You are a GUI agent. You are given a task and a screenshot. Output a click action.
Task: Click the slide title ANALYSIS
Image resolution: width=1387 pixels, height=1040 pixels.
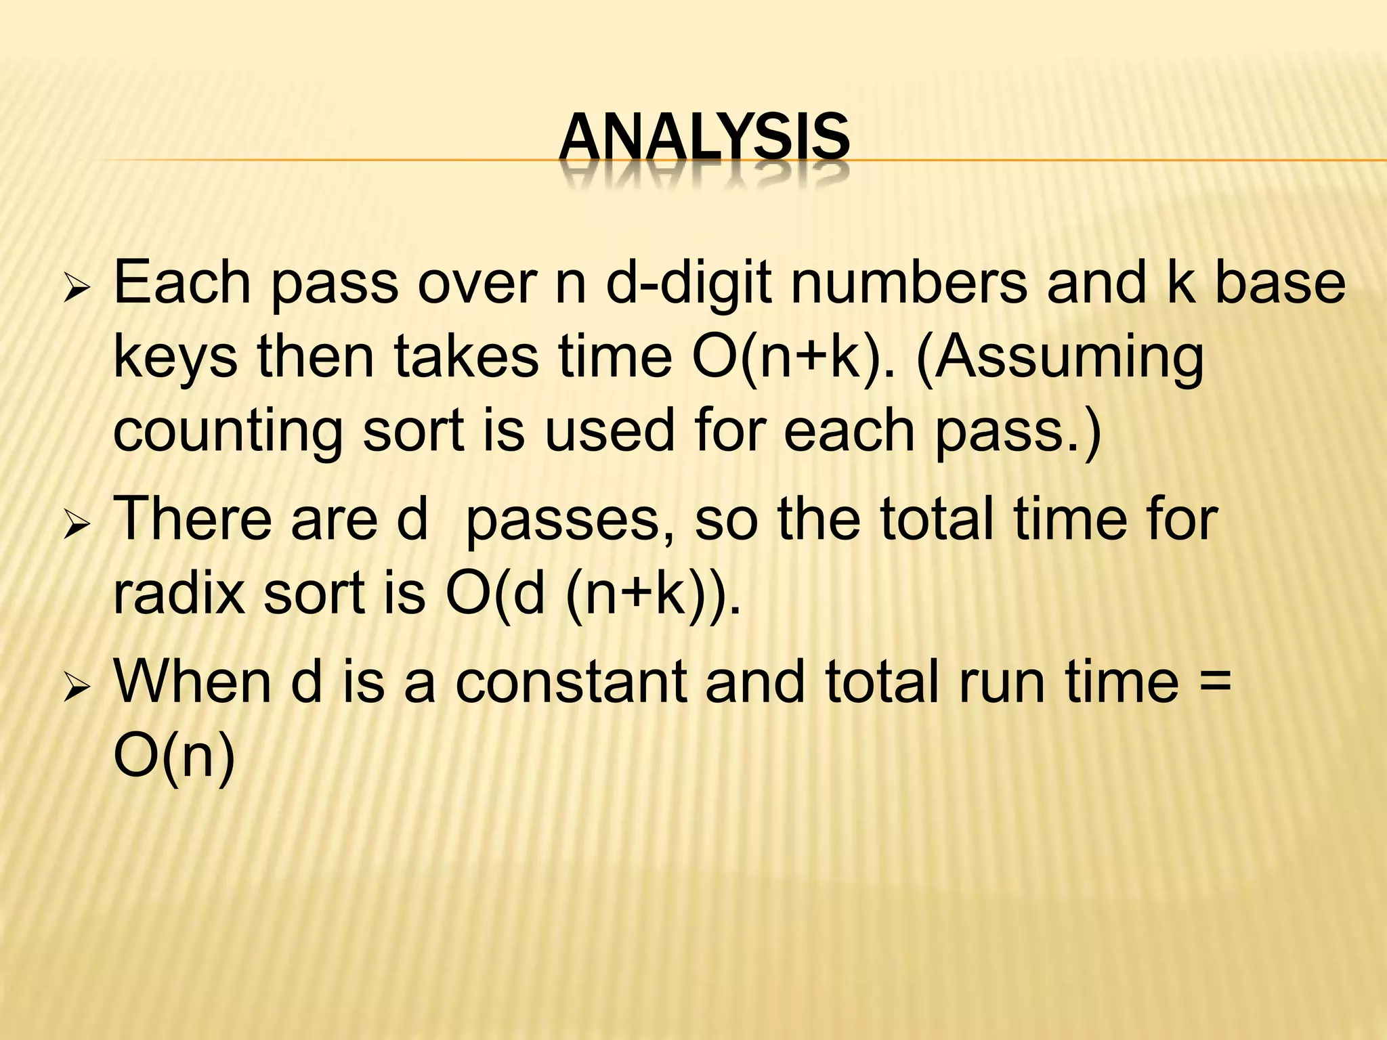click(x=704, y=139)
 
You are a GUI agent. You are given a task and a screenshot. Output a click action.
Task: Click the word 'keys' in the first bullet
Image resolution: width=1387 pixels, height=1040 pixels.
click(x=175, y=359)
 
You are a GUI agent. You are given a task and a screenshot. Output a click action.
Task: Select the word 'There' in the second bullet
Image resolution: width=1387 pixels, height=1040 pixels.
click(x=196, y=519)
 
